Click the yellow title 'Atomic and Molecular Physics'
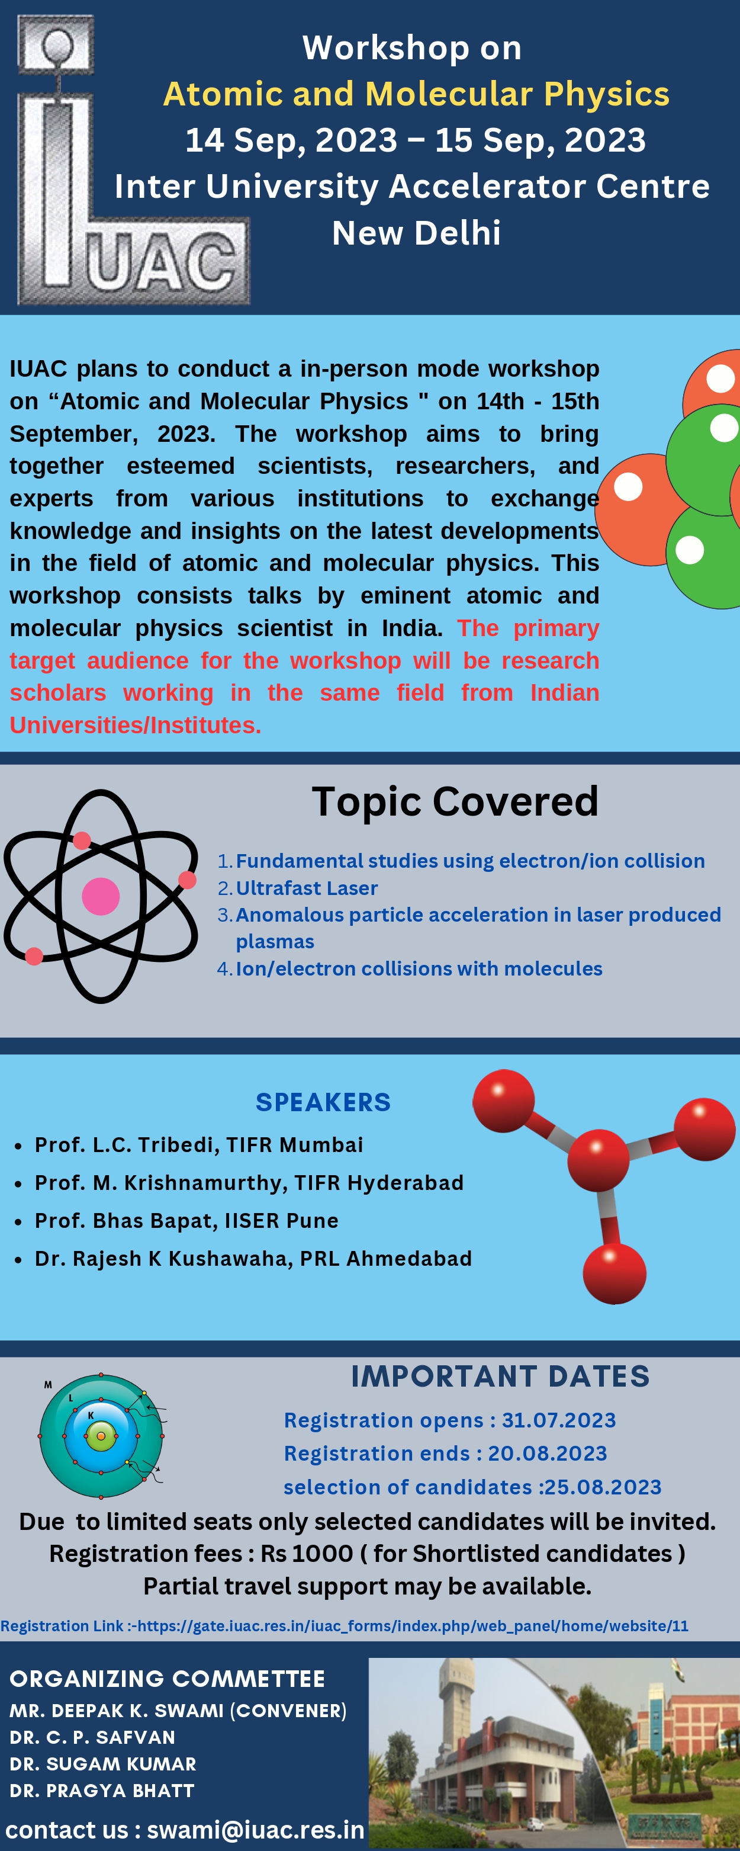click(416, 94)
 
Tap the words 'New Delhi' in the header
click(416, 233)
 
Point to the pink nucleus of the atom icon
click(101, 896)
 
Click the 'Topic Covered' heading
click(455, 801)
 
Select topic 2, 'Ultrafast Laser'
click(307, 888)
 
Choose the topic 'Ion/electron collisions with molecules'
click(419, 968)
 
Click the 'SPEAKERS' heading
click(323, 1102)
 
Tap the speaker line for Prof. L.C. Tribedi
click(199, 1145)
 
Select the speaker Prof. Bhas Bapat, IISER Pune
click(187, 1221)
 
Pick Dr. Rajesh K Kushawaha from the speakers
click(253, 1259)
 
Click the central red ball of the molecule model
click(599, 1160)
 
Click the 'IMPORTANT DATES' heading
click(501, 1377)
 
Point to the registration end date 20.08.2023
click(548, 1454)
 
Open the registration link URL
click(413, 1626)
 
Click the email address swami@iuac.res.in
click(256, 1830)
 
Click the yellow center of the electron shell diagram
click(101, 1436)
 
